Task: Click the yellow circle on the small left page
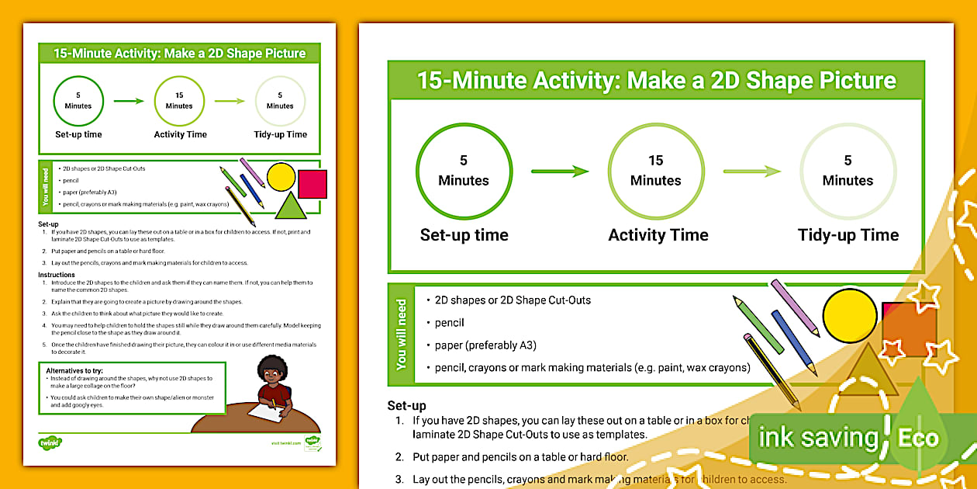pos(281,176)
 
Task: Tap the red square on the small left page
pos(312,184)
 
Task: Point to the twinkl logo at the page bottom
pos(50,442)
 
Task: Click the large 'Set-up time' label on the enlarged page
pos(464,235)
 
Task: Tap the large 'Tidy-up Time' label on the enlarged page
pos(848,235)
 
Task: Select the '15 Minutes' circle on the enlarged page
pos(656,171)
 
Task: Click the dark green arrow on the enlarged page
pos(560,172)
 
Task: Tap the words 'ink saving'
pos(818,437)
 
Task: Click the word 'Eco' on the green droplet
pos(918,437)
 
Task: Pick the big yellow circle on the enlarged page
pos(850,315)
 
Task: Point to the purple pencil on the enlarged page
pos(794,307)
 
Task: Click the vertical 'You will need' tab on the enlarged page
pos(401,334)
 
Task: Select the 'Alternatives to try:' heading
pos(74,371)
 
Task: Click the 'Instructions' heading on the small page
pos(57,275)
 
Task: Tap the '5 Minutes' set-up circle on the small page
pos(78,101)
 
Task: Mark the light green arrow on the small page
pos(230,101)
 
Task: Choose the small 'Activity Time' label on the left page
pos(180,134)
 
